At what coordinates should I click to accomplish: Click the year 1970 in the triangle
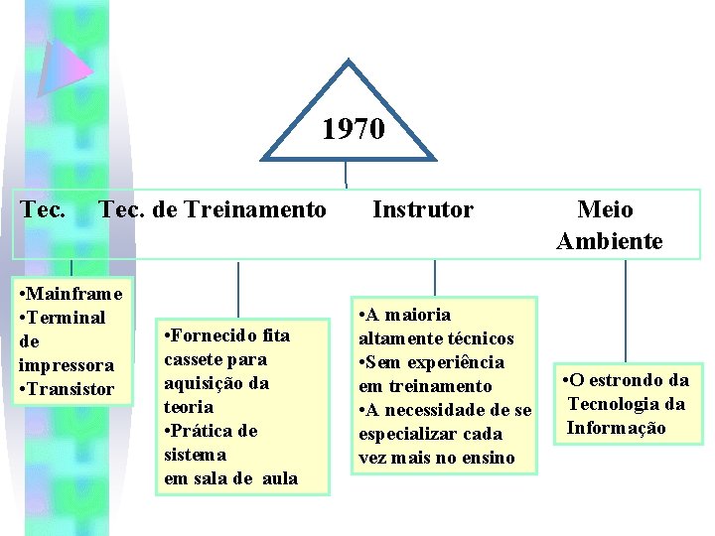(x=354, y=129)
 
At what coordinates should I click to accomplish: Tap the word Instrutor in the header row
(x=423, y=209)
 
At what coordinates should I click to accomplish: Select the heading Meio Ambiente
(x=610, y=225)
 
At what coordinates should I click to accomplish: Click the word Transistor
(x=71, y=389)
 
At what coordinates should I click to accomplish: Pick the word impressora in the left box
(x=67, y=365)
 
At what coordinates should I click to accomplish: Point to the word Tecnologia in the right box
(x=615, y=404)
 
